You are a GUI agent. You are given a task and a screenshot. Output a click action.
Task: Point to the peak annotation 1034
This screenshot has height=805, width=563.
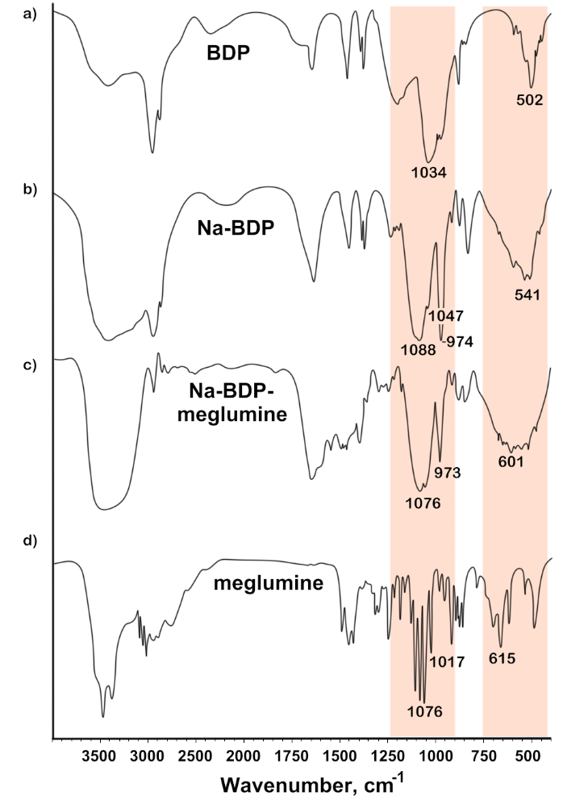pyautogui.click(x=430, y=171)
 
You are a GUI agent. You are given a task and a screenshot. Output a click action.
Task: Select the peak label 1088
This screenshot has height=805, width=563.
pyautogui.click(x=418, y=350)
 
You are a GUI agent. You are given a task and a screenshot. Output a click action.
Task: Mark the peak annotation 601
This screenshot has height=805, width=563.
pyautogui.click(x=511, y=462)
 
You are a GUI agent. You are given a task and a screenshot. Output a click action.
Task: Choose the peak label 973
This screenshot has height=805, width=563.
pyautogui.click(x=447, y=472)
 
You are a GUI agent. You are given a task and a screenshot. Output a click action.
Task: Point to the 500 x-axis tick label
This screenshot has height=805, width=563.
pyautogui.click(x=528, y=756)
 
